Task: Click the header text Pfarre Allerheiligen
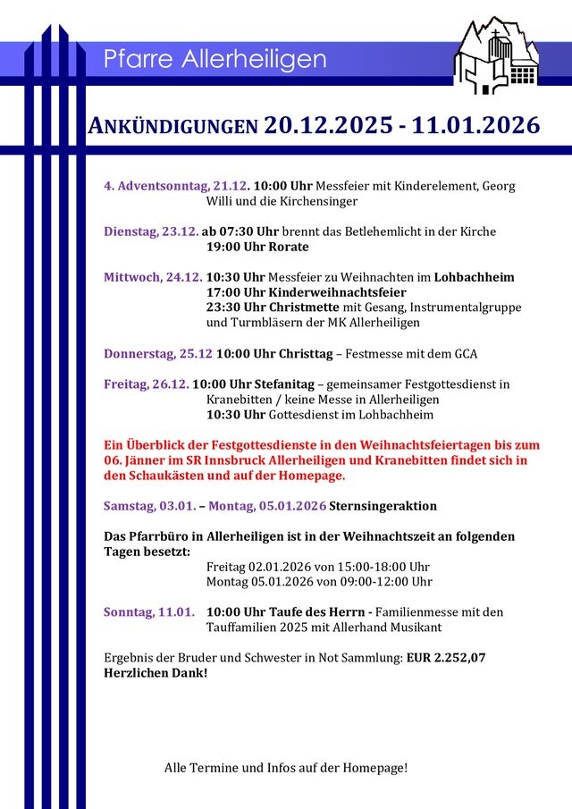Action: (x=214, y=60)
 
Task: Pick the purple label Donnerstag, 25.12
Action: (x=157, y=353)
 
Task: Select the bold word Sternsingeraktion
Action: (x=383, y=506)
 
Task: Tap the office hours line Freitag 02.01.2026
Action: (x=317, y=567)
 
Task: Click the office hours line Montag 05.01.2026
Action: (x=319, y=582)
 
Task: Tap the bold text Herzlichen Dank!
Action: (x=156, y=672)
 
